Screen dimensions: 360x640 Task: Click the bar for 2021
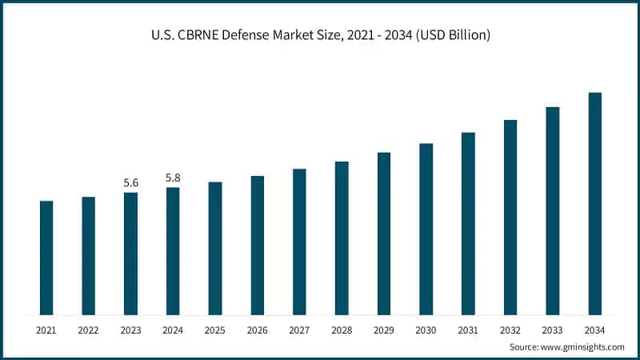[x=46, y=258]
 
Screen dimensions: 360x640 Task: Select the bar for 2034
[x=594, y=203]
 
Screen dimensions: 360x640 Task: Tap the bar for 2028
[x=342, y=238]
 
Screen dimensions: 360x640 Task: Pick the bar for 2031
[x=468, y=223]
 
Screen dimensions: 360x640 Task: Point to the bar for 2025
[x=215, y=248]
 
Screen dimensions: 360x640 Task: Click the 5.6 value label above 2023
[x=130, y=183]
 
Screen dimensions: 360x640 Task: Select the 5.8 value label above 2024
[x=173, y=178]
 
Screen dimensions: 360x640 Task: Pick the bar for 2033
[x=553, y=210]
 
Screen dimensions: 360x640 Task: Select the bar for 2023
[x=130, y=253]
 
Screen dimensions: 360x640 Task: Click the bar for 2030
[x=426, y=229]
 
